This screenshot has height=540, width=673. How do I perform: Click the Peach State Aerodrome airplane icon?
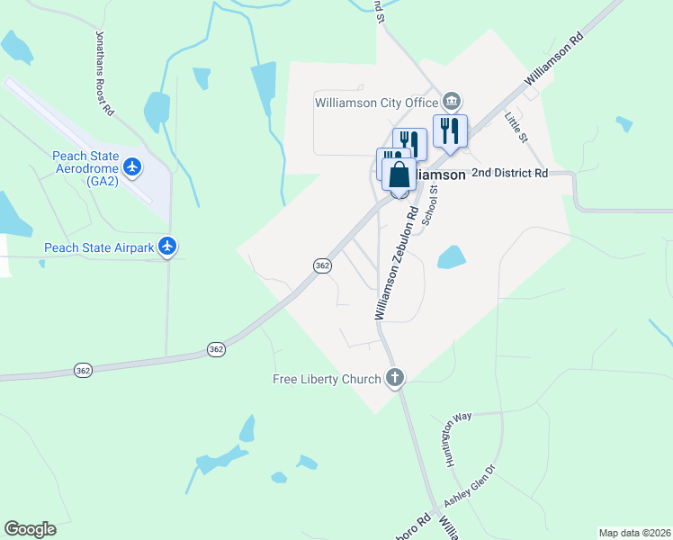tap(133, 166)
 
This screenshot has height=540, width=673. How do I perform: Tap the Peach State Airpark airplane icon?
tap(166, 246)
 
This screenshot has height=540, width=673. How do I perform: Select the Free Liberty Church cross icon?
tap(393, 378)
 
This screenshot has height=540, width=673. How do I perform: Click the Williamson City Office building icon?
tap(453, 99)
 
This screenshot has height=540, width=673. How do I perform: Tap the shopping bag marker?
tap(399, 174)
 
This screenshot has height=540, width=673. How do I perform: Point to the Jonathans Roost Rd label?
tap(104, 72)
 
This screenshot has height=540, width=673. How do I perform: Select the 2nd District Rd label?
tap(509, 174)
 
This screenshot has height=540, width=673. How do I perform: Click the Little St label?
tap(514, 126)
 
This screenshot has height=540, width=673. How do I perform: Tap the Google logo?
tap(30, 528)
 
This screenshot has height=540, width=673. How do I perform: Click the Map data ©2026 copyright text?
tap(634, 533)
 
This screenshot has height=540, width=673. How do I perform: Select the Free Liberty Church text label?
tap(327, 379)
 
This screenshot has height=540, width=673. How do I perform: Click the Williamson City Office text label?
tap(376, 103)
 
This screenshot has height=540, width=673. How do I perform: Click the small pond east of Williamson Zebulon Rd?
tap(450, 258)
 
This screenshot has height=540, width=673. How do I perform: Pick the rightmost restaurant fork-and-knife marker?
tap(450, 130)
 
